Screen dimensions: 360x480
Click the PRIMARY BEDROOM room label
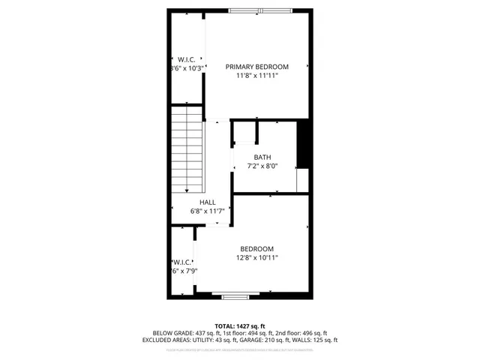(256, 67)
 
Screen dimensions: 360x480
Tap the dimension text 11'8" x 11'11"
(256, 76)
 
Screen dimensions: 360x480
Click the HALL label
(207, 202)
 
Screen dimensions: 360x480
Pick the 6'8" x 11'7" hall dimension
(207, 211)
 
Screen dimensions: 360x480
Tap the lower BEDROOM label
(256, 249)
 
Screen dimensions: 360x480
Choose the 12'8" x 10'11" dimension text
(256, 258)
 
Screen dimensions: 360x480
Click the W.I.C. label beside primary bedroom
(186, 58)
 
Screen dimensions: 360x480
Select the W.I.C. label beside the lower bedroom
(184, 262)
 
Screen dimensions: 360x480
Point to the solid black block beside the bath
(304, 144)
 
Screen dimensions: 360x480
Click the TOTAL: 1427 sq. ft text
(239, 326)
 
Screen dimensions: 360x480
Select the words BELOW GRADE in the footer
(172, 333)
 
